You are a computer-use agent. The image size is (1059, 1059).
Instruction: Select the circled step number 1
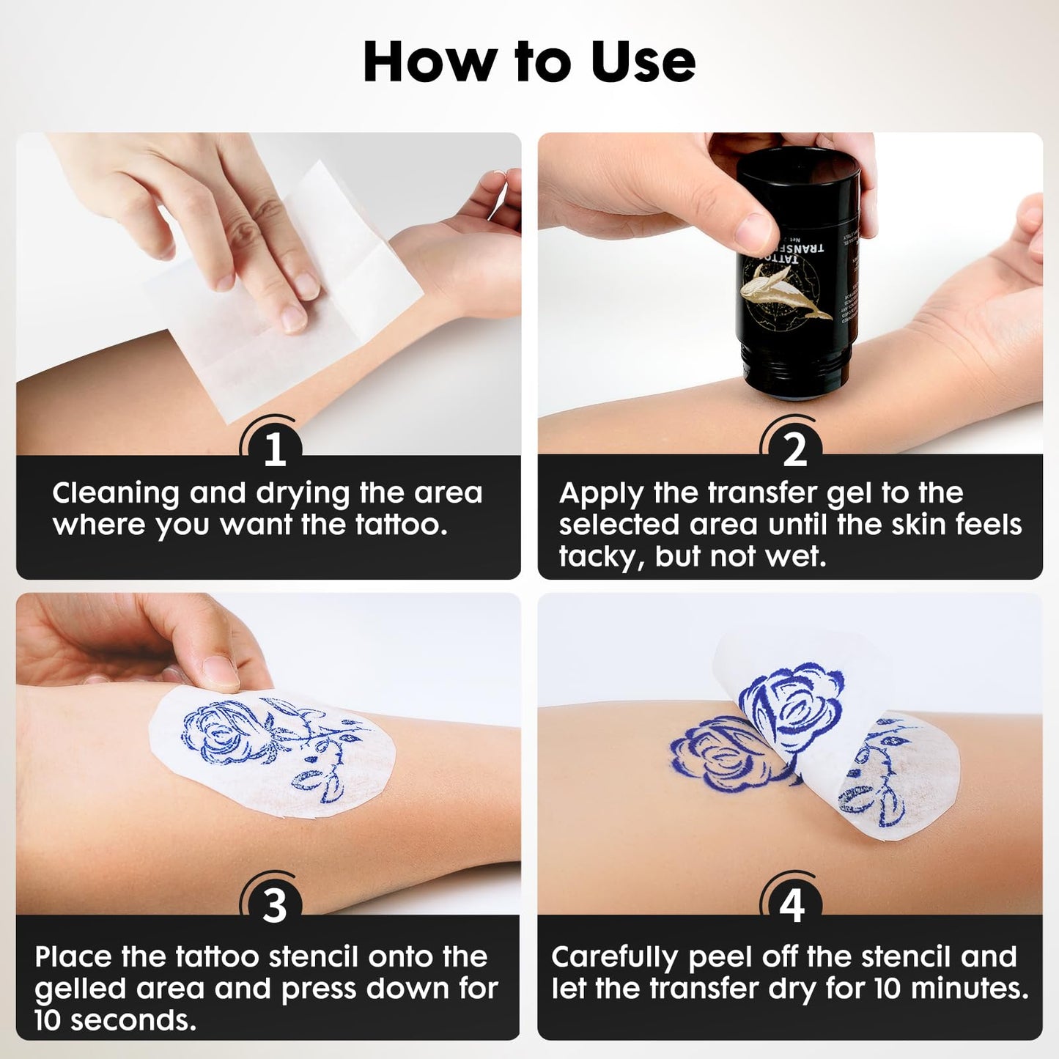coord(274,449)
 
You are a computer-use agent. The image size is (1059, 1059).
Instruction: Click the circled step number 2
coord(794,449)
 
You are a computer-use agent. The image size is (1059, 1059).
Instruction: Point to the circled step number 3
coord(274,907)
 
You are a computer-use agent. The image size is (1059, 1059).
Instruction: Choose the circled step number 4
coord(792,907)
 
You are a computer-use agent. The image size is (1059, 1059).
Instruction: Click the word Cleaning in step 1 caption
coord(115,493)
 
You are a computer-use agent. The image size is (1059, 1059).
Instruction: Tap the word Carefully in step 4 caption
coord(614,957)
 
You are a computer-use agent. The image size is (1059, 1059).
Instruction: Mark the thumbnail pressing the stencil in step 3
coord(220,671)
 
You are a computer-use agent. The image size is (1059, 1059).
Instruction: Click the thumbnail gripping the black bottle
coord(754,231)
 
